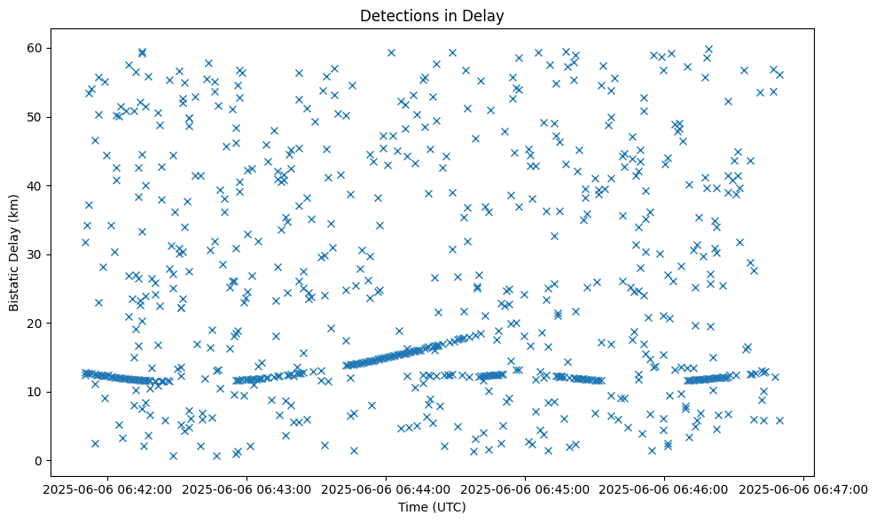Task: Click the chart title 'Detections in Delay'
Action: (x=431, y=15)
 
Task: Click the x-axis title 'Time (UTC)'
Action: (x=431, y=508)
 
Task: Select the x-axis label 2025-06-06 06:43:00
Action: (x=247, y=488)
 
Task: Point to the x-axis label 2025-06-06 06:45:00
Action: (x=526, y=488)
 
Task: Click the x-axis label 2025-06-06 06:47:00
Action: (x=804, y=488)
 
